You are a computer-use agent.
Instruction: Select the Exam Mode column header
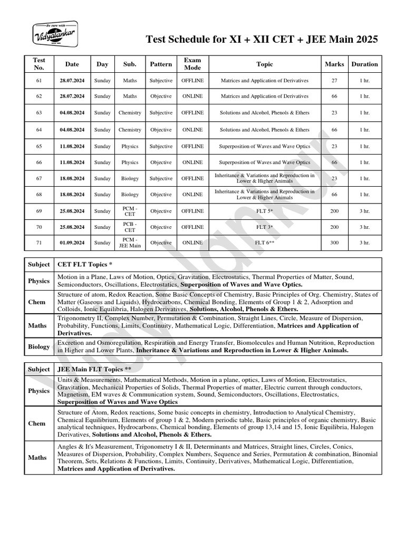[192, 64]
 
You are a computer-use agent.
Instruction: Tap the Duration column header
[364, 64]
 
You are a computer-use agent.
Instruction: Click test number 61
[38, 81]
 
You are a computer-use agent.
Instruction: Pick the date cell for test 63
[72, 113]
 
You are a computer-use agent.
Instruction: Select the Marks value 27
[334, 81]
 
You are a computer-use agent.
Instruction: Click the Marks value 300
[334, 243]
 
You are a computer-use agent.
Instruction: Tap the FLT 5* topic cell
[265, 211]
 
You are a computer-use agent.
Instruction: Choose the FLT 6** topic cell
[265, 243]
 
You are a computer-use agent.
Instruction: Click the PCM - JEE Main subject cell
[130, 243]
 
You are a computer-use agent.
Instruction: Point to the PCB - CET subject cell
[130, 227]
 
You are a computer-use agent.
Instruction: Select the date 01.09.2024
[72, 243]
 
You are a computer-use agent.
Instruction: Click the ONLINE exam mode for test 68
[192, 195]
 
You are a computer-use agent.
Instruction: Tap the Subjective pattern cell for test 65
[161, 146]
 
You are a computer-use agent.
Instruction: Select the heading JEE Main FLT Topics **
[94, 369]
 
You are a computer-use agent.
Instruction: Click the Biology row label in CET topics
[39, 346]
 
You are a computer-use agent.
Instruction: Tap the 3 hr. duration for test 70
[364, 227]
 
